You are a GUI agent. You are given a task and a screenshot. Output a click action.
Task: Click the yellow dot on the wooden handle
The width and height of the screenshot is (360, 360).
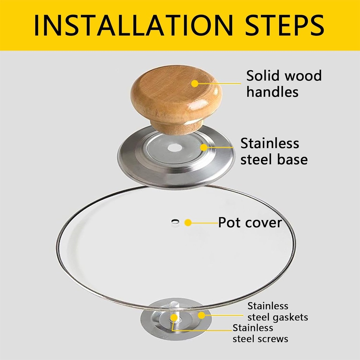pyautogui.click(x=195, y=83)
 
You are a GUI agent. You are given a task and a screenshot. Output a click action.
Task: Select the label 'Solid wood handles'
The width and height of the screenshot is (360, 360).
pyautogui.click(x=284, y=84)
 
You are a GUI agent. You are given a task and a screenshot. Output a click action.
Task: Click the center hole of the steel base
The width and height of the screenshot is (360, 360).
pyautogui.click(x=174, y=148)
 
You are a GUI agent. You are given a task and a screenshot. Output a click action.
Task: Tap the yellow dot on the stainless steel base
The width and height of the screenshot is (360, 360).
pyautogui.click(x=204, y=147)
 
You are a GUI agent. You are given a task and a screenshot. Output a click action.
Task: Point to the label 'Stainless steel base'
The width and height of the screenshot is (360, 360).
pyautogui.click(x=274, y=151)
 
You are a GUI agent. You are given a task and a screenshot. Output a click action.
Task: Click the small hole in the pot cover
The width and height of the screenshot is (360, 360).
pyautogui.click(x=175, y=221)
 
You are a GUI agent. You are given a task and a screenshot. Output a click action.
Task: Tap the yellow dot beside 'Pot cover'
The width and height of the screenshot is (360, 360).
pyautogui.click(x=188, y=223)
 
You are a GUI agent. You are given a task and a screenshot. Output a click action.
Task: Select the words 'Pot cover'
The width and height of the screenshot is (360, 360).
pyautogui.click(x=250, y=223)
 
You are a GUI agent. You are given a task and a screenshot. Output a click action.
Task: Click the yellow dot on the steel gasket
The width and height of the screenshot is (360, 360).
pyautogui.click(x=201, y=315)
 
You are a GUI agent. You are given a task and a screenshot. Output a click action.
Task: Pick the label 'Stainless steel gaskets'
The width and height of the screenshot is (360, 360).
pyautogui.click(x=278, y=311)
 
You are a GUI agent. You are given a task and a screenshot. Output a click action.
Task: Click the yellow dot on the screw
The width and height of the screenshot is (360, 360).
pyautogui.click(x=174, y=317)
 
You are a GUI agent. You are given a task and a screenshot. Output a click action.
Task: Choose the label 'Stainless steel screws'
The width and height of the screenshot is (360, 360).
pyautogui.click(x=261, y=333)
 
